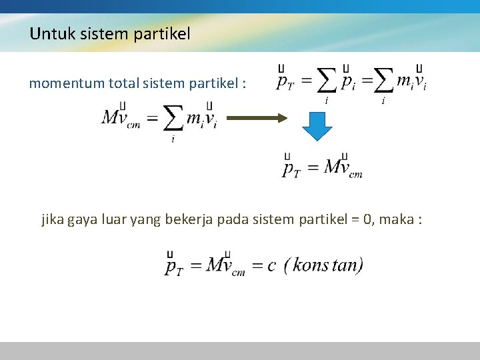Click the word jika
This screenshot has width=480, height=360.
pyautogui.click(x=53, y=219)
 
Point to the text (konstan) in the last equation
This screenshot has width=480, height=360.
pyautogui.click(x=323, y=265)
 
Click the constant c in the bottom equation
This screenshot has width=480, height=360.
pyautogui.click(x=271, y=266)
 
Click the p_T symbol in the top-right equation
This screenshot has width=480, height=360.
pyautogui.click(x=285, y=82)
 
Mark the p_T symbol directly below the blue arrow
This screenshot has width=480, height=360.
pyautogui.click(x=291, y=168)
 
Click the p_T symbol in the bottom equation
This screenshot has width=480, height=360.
pyautogui.click(x=174, y=266)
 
